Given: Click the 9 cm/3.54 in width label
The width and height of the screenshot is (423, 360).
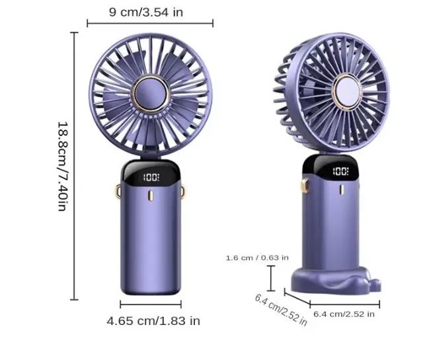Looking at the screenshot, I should pos(150,11).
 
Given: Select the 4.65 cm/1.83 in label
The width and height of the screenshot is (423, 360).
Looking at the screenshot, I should pos(153,321).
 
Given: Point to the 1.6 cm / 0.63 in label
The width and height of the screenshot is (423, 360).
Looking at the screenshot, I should pos(257,257).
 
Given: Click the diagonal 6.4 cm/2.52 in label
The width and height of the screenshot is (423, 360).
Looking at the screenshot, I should pos(281,309).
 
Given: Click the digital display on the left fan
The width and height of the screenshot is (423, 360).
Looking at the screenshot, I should pos(151,178).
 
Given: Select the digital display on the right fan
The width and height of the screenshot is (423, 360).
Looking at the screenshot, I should pos(340,172).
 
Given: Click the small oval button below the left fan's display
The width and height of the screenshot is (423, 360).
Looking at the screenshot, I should pos(151,196).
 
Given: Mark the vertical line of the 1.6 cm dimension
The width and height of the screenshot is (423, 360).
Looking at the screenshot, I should pos(271,277).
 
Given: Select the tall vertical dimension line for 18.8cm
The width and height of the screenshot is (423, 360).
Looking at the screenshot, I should pos(74,165).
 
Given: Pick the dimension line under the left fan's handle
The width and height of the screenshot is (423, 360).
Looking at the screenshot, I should pos(151,305).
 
